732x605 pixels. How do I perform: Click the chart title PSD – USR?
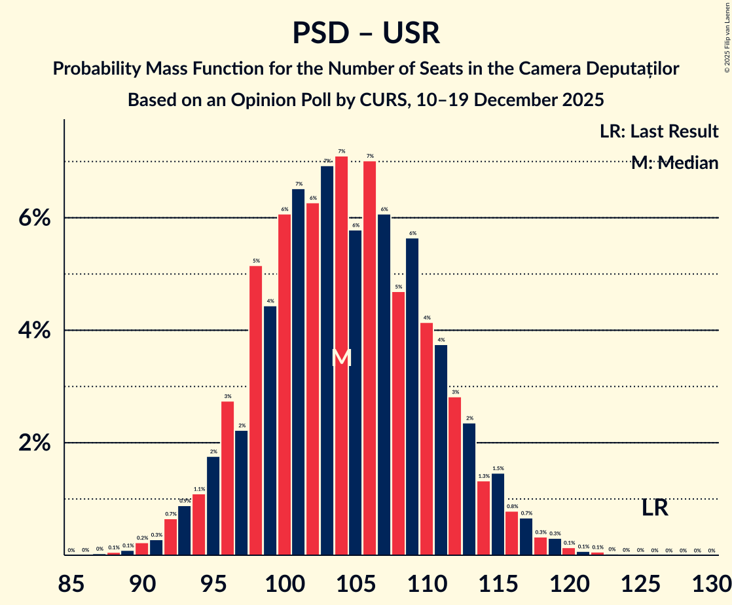pos(365,33)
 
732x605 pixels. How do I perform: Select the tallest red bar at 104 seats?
pos(341,354)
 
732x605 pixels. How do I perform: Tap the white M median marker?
pos(341,357)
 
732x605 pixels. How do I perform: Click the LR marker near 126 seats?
pos(654,507)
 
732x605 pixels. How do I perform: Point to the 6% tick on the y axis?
pos(34,218)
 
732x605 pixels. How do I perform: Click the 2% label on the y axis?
pos(34,443)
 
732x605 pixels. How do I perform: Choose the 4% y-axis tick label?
pos(34,331)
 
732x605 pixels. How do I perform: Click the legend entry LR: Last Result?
pos(659,131)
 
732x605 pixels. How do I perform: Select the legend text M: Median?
pos(674,163)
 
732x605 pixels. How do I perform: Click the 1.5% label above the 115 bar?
pos(498,468)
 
